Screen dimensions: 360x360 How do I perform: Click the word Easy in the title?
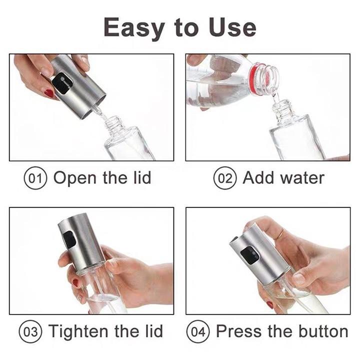134,28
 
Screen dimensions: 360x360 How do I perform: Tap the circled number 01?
35,178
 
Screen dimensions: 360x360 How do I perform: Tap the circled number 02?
225,178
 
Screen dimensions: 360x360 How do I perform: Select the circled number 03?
30,331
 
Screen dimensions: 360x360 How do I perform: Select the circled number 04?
198,331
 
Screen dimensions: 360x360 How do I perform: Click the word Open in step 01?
75,178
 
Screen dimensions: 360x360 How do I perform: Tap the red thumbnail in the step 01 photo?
48,93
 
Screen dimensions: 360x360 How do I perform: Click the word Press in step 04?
239,331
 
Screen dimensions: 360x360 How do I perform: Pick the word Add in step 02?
256,177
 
